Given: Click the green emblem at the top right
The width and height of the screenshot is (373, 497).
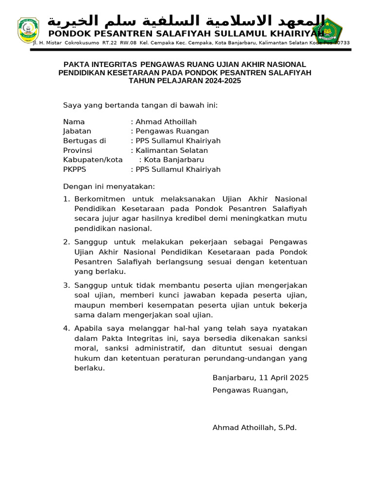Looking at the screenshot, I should pos(328,30).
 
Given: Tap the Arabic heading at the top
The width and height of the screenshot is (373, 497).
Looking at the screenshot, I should pos(186,21).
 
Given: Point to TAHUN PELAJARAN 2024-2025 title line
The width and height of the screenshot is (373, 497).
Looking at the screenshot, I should pos(185,81).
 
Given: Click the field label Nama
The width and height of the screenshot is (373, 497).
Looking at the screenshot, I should pos(74,122).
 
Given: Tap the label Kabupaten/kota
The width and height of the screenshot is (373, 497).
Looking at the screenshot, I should pos(93,160).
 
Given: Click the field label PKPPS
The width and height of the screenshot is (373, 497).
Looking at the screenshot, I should pos(74,169).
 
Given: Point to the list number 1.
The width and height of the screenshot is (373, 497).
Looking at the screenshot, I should pos(67,199).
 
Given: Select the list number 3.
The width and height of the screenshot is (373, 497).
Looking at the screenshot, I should pos(67,285).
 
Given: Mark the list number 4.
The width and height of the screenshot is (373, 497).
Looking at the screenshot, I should pos(67,329).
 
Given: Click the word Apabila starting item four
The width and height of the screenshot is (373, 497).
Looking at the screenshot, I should pos(88,329).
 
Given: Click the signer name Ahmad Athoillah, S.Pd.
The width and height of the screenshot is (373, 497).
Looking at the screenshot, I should pos(254,428).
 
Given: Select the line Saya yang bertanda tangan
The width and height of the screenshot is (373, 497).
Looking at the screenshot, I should pos(140,105).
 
